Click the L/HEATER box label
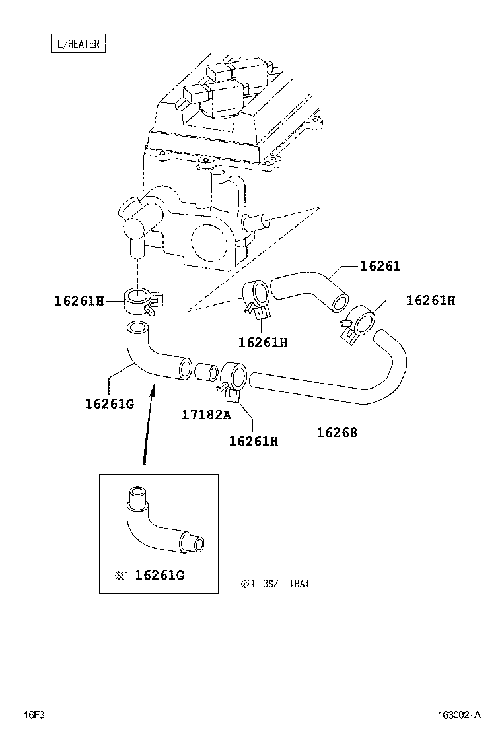[79, 44]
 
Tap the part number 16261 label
[380, 266]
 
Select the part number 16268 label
[337, 432]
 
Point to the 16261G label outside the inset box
[109, 403]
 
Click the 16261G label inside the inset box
[159, 575]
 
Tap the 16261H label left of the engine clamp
[79, 301]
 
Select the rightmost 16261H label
[431, 300]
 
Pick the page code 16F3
[34, 716]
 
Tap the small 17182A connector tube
[205, 372]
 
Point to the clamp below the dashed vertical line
[140, 300]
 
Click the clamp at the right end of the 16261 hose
[360, 322]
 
